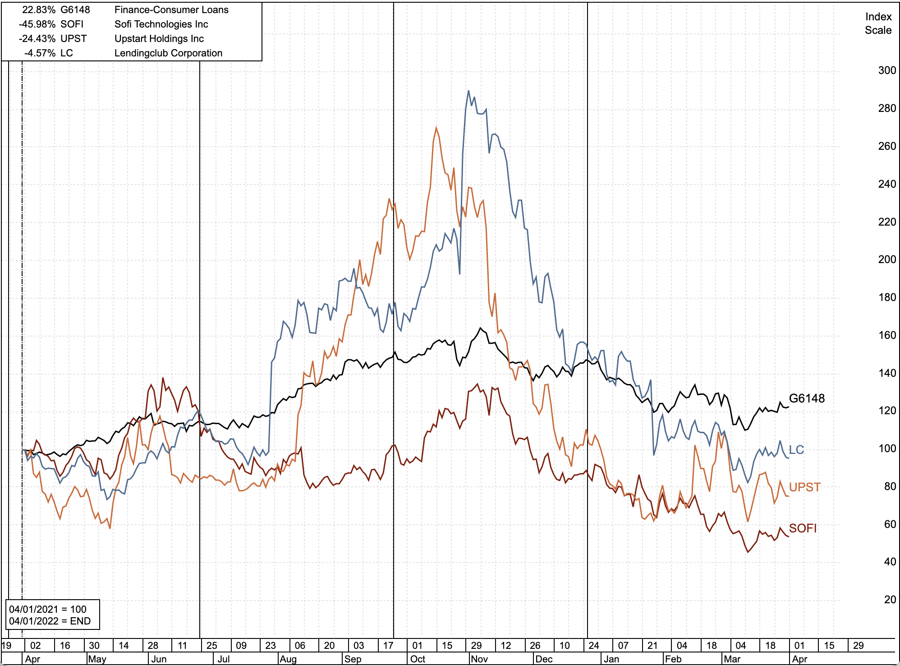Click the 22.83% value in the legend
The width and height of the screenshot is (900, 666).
click(39, 10)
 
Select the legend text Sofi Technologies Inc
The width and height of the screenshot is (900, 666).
click(161, 24)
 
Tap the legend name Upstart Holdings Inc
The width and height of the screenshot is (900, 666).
click(159, 39)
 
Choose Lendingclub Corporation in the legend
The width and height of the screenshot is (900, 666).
click(168, 53)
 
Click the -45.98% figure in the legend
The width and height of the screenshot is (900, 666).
click(37, 24)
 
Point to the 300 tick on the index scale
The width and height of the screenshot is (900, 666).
click(886, 70)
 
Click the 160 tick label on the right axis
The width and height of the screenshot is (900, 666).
click(886, 335)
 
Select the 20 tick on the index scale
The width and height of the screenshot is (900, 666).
click(890, 600)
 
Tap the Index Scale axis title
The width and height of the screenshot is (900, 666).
click(878, 23)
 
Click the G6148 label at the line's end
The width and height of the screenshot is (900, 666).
click(807, 398)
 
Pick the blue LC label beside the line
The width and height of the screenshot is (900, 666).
click(796, 450)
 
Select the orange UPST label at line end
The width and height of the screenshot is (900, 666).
click(804, 487)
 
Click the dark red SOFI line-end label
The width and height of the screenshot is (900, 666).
click(803, 528)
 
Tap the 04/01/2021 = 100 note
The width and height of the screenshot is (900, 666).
click(48, 609)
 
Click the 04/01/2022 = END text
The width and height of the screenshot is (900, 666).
click(50, 621)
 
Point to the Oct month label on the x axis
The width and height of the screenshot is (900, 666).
click(418, 659)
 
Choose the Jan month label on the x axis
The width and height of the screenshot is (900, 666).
click(611, 659)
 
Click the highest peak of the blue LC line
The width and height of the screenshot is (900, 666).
click(468, 91)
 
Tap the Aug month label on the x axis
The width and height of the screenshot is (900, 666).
click(288, 659)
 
